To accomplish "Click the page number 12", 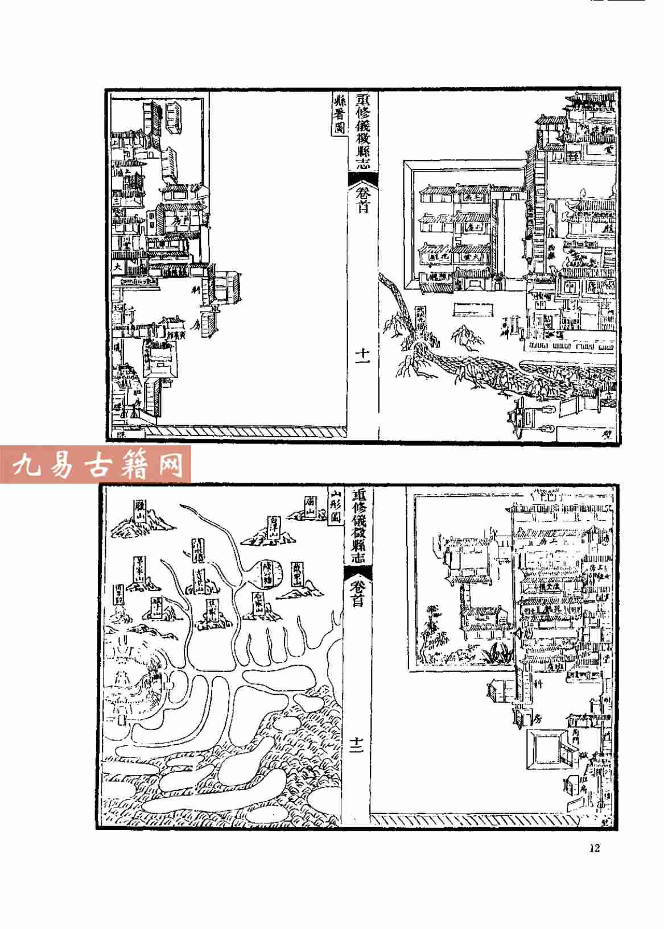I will (x=595, y=848).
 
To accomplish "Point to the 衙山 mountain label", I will (x=310, y=504).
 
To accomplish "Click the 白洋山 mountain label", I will (x=274, y=527).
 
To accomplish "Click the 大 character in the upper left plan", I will (x=117, y=266).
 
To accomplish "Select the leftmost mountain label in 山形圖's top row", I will (x=139, y=510).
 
